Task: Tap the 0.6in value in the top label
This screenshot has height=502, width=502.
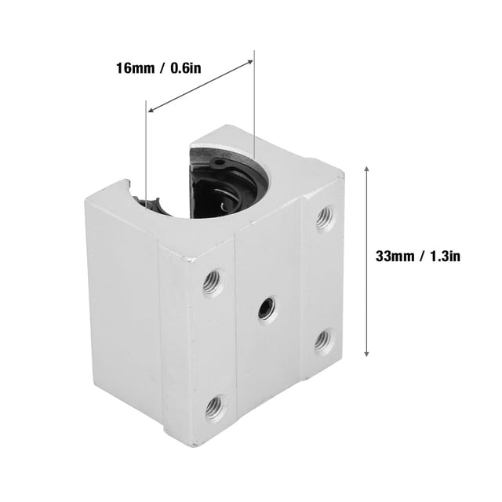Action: pos(186,68)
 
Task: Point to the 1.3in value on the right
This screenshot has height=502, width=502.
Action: pos(445,256)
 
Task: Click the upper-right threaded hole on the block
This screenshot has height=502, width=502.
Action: pos(324,219)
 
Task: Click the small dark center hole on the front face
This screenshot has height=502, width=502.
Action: pos(267,306)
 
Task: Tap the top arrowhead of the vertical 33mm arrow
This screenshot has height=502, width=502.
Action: pos(367,169)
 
